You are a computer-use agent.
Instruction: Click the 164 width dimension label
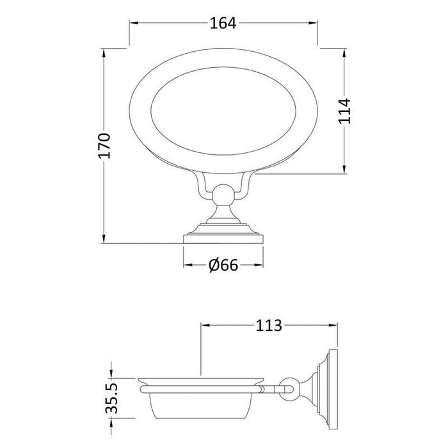tap(223, 23)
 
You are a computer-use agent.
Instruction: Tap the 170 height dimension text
tap(104, 146)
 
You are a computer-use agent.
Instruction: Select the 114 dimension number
tap(344, 111)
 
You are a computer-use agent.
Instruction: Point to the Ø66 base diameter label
tap(223, 265)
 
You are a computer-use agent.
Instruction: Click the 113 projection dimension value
tap(269, 325)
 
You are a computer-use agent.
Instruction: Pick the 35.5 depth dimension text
tap(112, 399)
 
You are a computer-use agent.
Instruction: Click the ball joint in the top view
tap(223, 195)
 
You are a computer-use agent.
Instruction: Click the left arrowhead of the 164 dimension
tap(134, 23)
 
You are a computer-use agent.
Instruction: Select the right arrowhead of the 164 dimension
tap(313, 23)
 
